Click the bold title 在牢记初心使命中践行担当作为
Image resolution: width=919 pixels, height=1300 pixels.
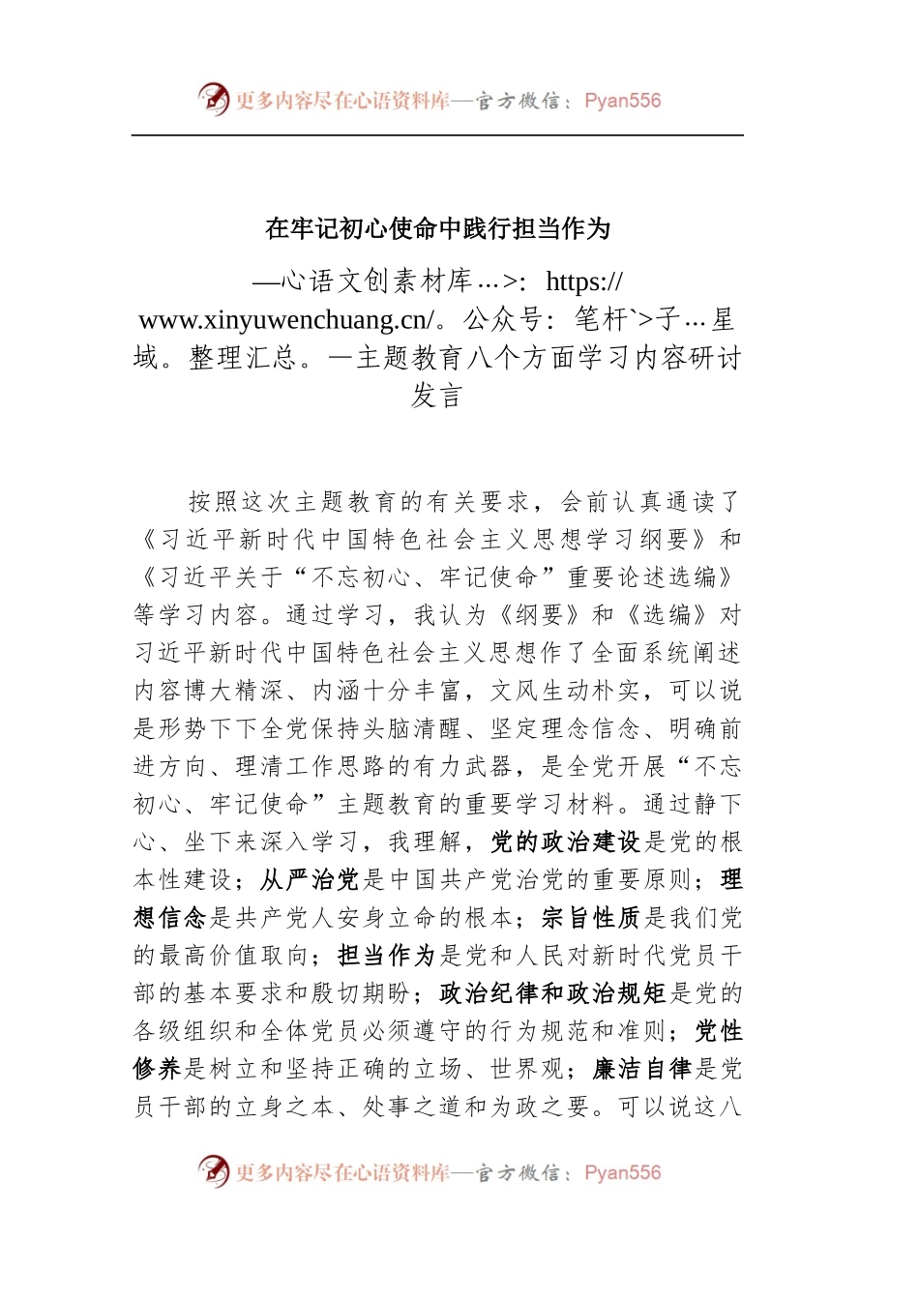tap(437, 229)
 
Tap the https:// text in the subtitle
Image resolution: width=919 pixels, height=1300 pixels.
tap(584, 281)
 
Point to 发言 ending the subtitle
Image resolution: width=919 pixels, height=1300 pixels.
tap(437, 396)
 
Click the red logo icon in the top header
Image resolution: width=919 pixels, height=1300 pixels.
tap(214, 100)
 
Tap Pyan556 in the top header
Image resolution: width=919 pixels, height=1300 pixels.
tap(622, 101)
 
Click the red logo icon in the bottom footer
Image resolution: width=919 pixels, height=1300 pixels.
tap(214, 1171)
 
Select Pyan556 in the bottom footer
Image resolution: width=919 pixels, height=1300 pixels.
tap(622, 1172)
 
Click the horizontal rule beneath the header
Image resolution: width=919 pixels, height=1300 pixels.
tap(437, 135)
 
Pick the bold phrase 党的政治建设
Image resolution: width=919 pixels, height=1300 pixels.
tap(566, 842)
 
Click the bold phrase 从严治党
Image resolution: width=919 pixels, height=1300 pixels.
tap(310, 880)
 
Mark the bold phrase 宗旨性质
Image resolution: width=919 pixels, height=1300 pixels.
tap(591, 918)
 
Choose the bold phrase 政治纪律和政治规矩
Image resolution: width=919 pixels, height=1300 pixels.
tap(553, 993)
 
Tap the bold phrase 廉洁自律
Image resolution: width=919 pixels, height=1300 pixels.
tap(642, 1069)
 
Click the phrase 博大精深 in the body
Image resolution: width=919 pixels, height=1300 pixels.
tap(235, 691)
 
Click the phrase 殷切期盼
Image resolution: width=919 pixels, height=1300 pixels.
tap(362, 993)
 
